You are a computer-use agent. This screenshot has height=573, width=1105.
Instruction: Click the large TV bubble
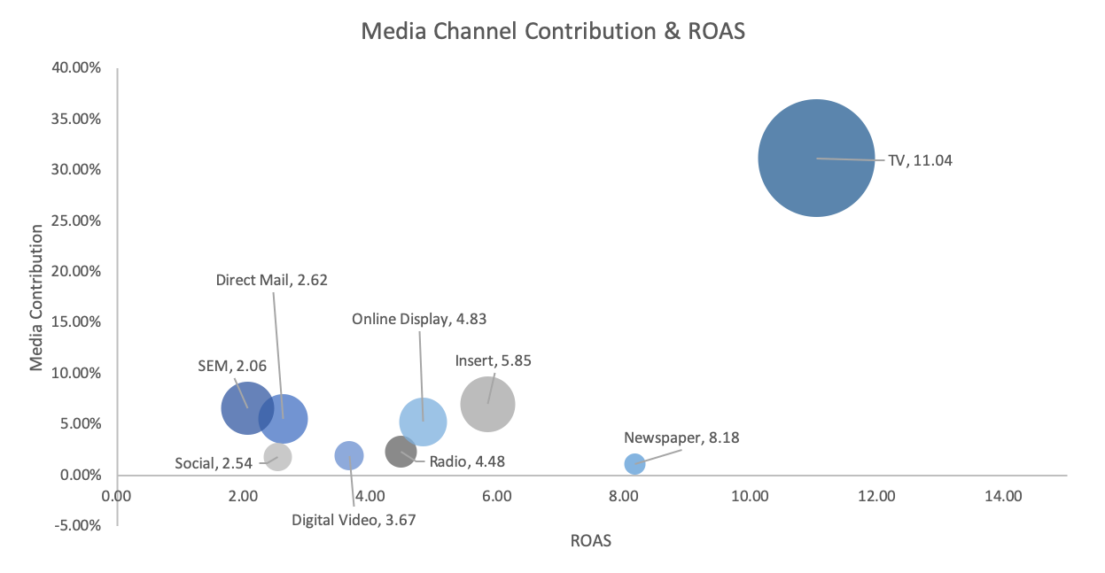click(816, 158)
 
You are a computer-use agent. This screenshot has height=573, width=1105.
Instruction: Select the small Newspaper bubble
click(634, 463)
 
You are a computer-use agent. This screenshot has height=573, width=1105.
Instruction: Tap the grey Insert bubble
click(487, 405)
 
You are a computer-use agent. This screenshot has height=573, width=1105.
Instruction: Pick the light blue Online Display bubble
click(423, 422)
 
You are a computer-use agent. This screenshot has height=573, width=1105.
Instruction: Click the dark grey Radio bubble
click(401, 451)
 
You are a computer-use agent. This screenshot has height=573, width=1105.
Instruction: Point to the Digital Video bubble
click(349, 455)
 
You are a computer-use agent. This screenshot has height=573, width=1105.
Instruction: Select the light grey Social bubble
click(277, 458)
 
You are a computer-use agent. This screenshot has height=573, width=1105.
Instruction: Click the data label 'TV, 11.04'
click(920, 161)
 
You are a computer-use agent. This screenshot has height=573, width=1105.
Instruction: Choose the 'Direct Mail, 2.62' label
click(271, 280)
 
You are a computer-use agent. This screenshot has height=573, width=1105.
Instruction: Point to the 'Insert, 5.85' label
click(493, 360)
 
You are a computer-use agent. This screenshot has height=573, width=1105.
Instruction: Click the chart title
click(553, 32)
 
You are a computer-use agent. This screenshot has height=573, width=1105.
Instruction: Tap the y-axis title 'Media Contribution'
click(37, 298)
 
